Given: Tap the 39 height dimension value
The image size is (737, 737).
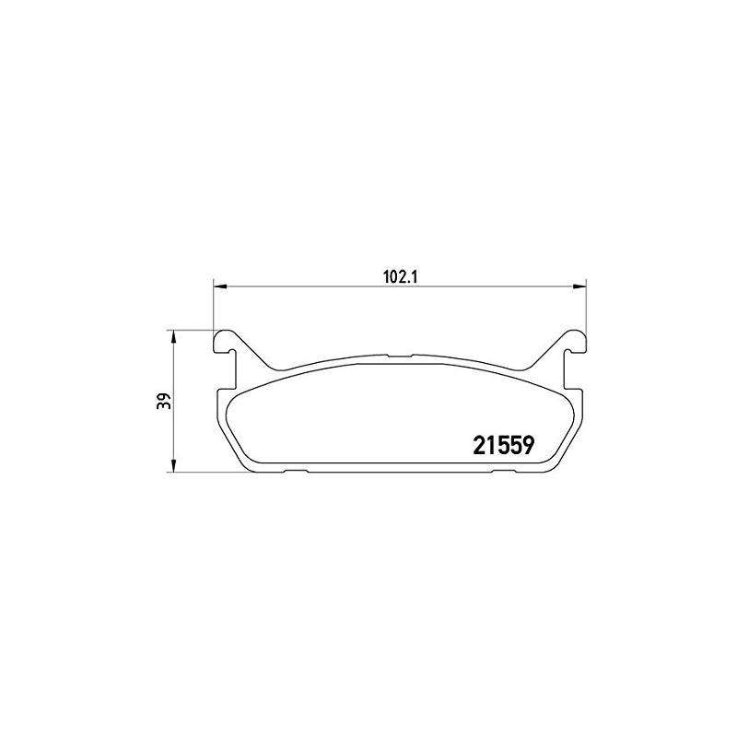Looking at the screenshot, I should (x=162, y=402).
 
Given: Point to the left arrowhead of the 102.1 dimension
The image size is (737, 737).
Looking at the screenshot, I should (x=218, y=287).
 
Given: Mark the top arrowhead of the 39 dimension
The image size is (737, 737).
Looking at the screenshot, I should (x=173, y=334).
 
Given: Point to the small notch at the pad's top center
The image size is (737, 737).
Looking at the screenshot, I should (x=400, y=356).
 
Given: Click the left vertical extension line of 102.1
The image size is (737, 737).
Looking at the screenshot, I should (x=213, y=309).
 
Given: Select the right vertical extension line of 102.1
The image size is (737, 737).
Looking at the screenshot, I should (x=586, y=309).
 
